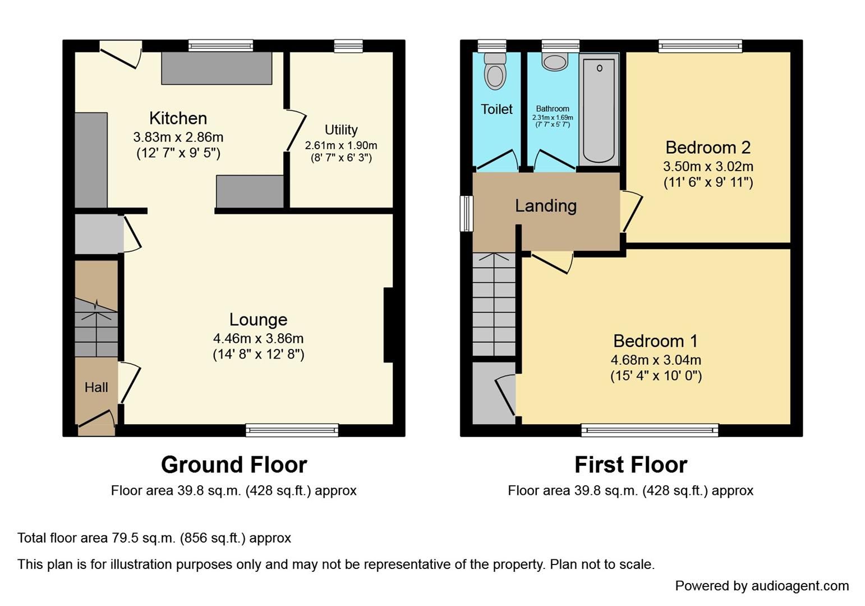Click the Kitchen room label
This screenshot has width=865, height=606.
[x=178, y=118]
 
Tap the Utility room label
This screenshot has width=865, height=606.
[x=341, y=130]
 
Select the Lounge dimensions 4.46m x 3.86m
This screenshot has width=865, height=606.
[x=259, y=338]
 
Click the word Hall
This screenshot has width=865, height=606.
[x=96, y=387]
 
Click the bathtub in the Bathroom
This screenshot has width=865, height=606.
[x=599, y=110]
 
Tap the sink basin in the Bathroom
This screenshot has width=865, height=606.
[x=555, y=62]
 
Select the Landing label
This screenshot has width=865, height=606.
[x=546, y=206]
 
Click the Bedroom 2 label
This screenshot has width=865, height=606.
[x=708, y=148]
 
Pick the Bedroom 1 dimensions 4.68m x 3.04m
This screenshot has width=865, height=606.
[x=656, y=360]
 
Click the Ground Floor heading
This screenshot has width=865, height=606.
[x=234, y=465]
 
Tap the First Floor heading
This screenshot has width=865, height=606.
[x=631, y=465]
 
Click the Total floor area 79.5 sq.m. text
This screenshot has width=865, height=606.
[x=154, y=538]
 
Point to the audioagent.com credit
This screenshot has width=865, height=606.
[x=762, y=586]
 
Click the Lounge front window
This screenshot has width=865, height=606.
[x=292, y=430]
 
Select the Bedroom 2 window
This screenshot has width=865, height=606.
[x=700, y=46]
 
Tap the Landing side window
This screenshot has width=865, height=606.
[x=467, y=214]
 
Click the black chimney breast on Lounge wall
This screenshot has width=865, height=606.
[x=389, y=325]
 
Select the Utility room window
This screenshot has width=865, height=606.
[x=348, y=46]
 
